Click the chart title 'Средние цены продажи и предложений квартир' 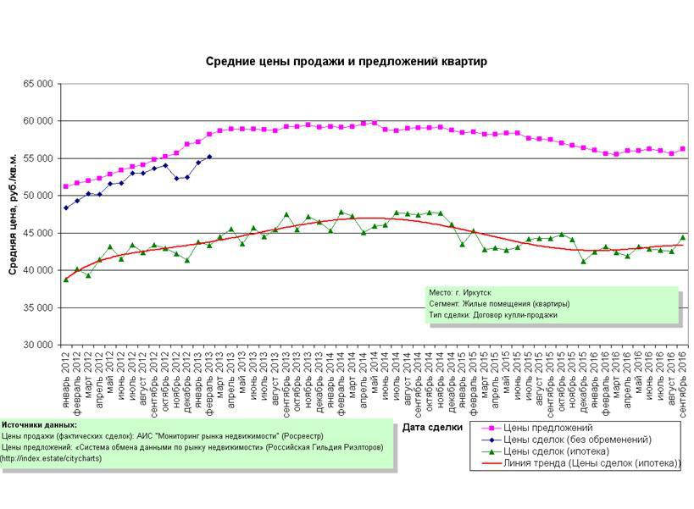click(x=347, y=62)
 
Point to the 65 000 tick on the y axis click(x=37, y=84)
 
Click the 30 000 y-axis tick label click(x=37, y=345)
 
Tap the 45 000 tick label click(x=37, y=233)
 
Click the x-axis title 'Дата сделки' click(x=432, y=427)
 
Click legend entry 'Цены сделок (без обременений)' click(x=576, y=440)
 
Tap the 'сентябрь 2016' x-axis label click(x=683, y=379)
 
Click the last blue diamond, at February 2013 click(x=209, y=157)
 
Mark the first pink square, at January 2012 click(x=66, y=186)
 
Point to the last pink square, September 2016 click(x=683, y=149)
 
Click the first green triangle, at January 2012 click(x=66, y=279)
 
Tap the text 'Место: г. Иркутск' click(x=460, y=292)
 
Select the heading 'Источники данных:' click(x=39, y=425)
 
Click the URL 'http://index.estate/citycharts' click(x=51, y=459)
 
